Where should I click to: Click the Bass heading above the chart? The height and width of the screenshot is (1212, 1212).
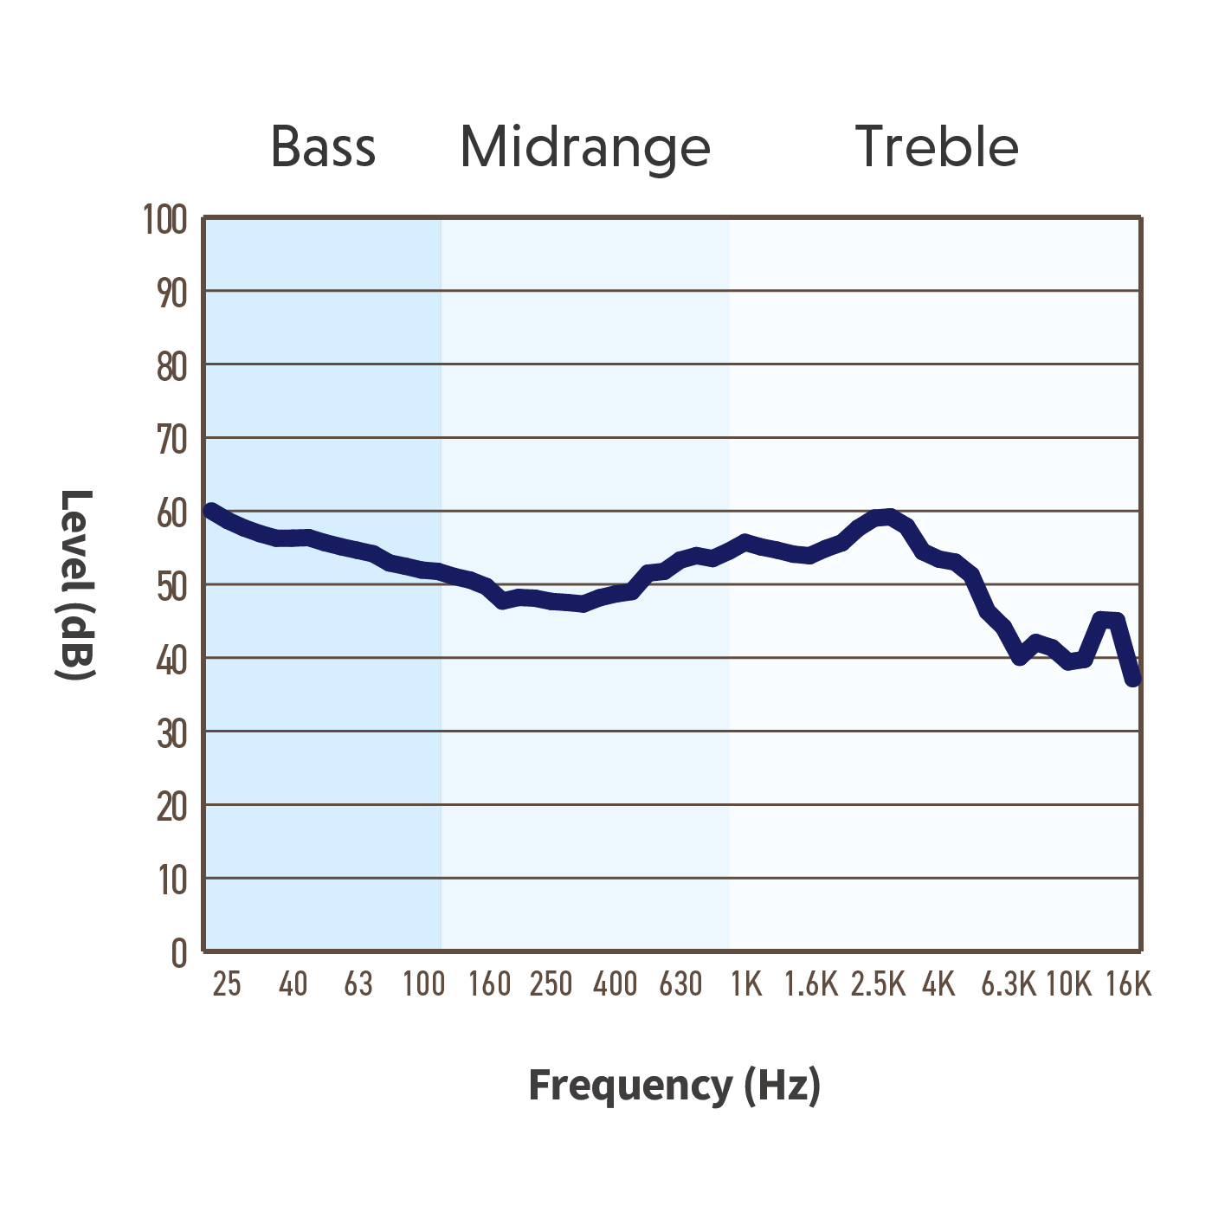(323, 146)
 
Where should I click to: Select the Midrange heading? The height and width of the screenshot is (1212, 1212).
(585, 149)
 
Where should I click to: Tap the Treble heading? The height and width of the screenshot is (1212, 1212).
(937, 146)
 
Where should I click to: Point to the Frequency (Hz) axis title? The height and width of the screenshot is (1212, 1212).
(675, 1085)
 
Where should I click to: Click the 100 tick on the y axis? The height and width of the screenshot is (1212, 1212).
(165, 220)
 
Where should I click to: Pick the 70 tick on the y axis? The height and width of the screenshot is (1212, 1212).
(171, 439)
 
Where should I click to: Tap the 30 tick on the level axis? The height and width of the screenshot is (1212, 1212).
(171, 732)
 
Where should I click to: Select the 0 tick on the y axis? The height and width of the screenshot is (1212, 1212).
(179, 953)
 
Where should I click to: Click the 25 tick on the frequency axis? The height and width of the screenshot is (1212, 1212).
(227, 984)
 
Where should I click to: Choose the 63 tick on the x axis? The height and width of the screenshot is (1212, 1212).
(358, 984)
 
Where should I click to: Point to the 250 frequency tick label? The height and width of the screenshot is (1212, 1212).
(551, 984)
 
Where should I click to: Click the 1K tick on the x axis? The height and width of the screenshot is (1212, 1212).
(746, 984)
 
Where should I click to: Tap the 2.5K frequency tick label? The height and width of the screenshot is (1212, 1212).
(878, 984)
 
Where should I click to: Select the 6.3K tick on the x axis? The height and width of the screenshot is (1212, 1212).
(1009, 984)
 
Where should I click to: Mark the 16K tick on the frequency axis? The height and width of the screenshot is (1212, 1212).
(1129, 984)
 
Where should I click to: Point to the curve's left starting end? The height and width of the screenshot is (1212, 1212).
(211, 511)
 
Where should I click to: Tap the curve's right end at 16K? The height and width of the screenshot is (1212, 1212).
(1132, 679)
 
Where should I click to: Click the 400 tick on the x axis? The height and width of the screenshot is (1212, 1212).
(616, 984)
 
